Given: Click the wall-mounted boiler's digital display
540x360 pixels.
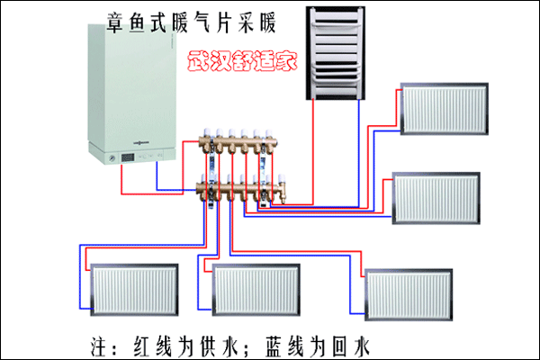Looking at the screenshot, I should pos(128,156).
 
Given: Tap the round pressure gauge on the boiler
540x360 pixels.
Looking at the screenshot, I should pos(110,157).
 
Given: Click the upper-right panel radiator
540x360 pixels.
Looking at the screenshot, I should pos(443,109).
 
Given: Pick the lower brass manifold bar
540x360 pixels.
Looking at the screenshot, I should pos(238,190).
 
